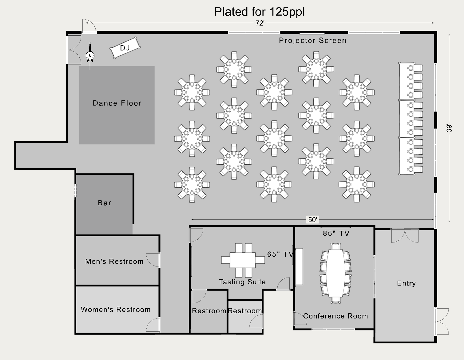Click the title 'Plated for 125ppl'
pyautogui.click(x=259, y=12)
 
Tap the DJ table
pyautogui.click(x=125, y=48)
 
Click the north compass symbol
pyautogui.click(x=90, y=56)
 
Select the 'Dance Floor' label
pyautogui.click(x=117, y=103)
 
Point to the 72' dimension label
pyautogui.click(x=260, y=23)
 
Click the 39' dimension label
pyautogui.click(x=449, y=128)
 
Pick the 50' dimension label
pyautogui.click(x=312, y=219)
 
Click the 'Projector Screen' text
pyautogui.click(x=312, y=40)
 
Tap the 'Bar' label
pyautogui.click(x=105, y=203)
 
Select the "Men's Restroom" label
pyautogui.click(x=114, y=261)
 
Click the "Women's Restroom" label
pyautogui.click(x=116, y=310)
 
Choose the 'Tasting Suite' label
pyautogui.click(x=242, y=282)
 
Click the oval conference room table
pyautogui.click(x=335, y=273)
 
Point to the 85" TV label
pyautogui.click(x=336, y=234)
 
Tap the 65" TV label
pyautogui.click(x=280, y=254)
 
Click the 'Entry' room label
pyautogui.click(x=406, y=283)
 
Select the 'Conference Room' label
pyautogui.click(x=335, y=316)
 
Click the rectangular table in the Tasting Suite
pyautogui.click(x=243, y=260)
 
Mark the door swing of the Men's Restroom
pyautogui.click(x=153, y=260)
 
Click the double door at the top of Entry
pyautogui.click(x=405, y=236)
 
